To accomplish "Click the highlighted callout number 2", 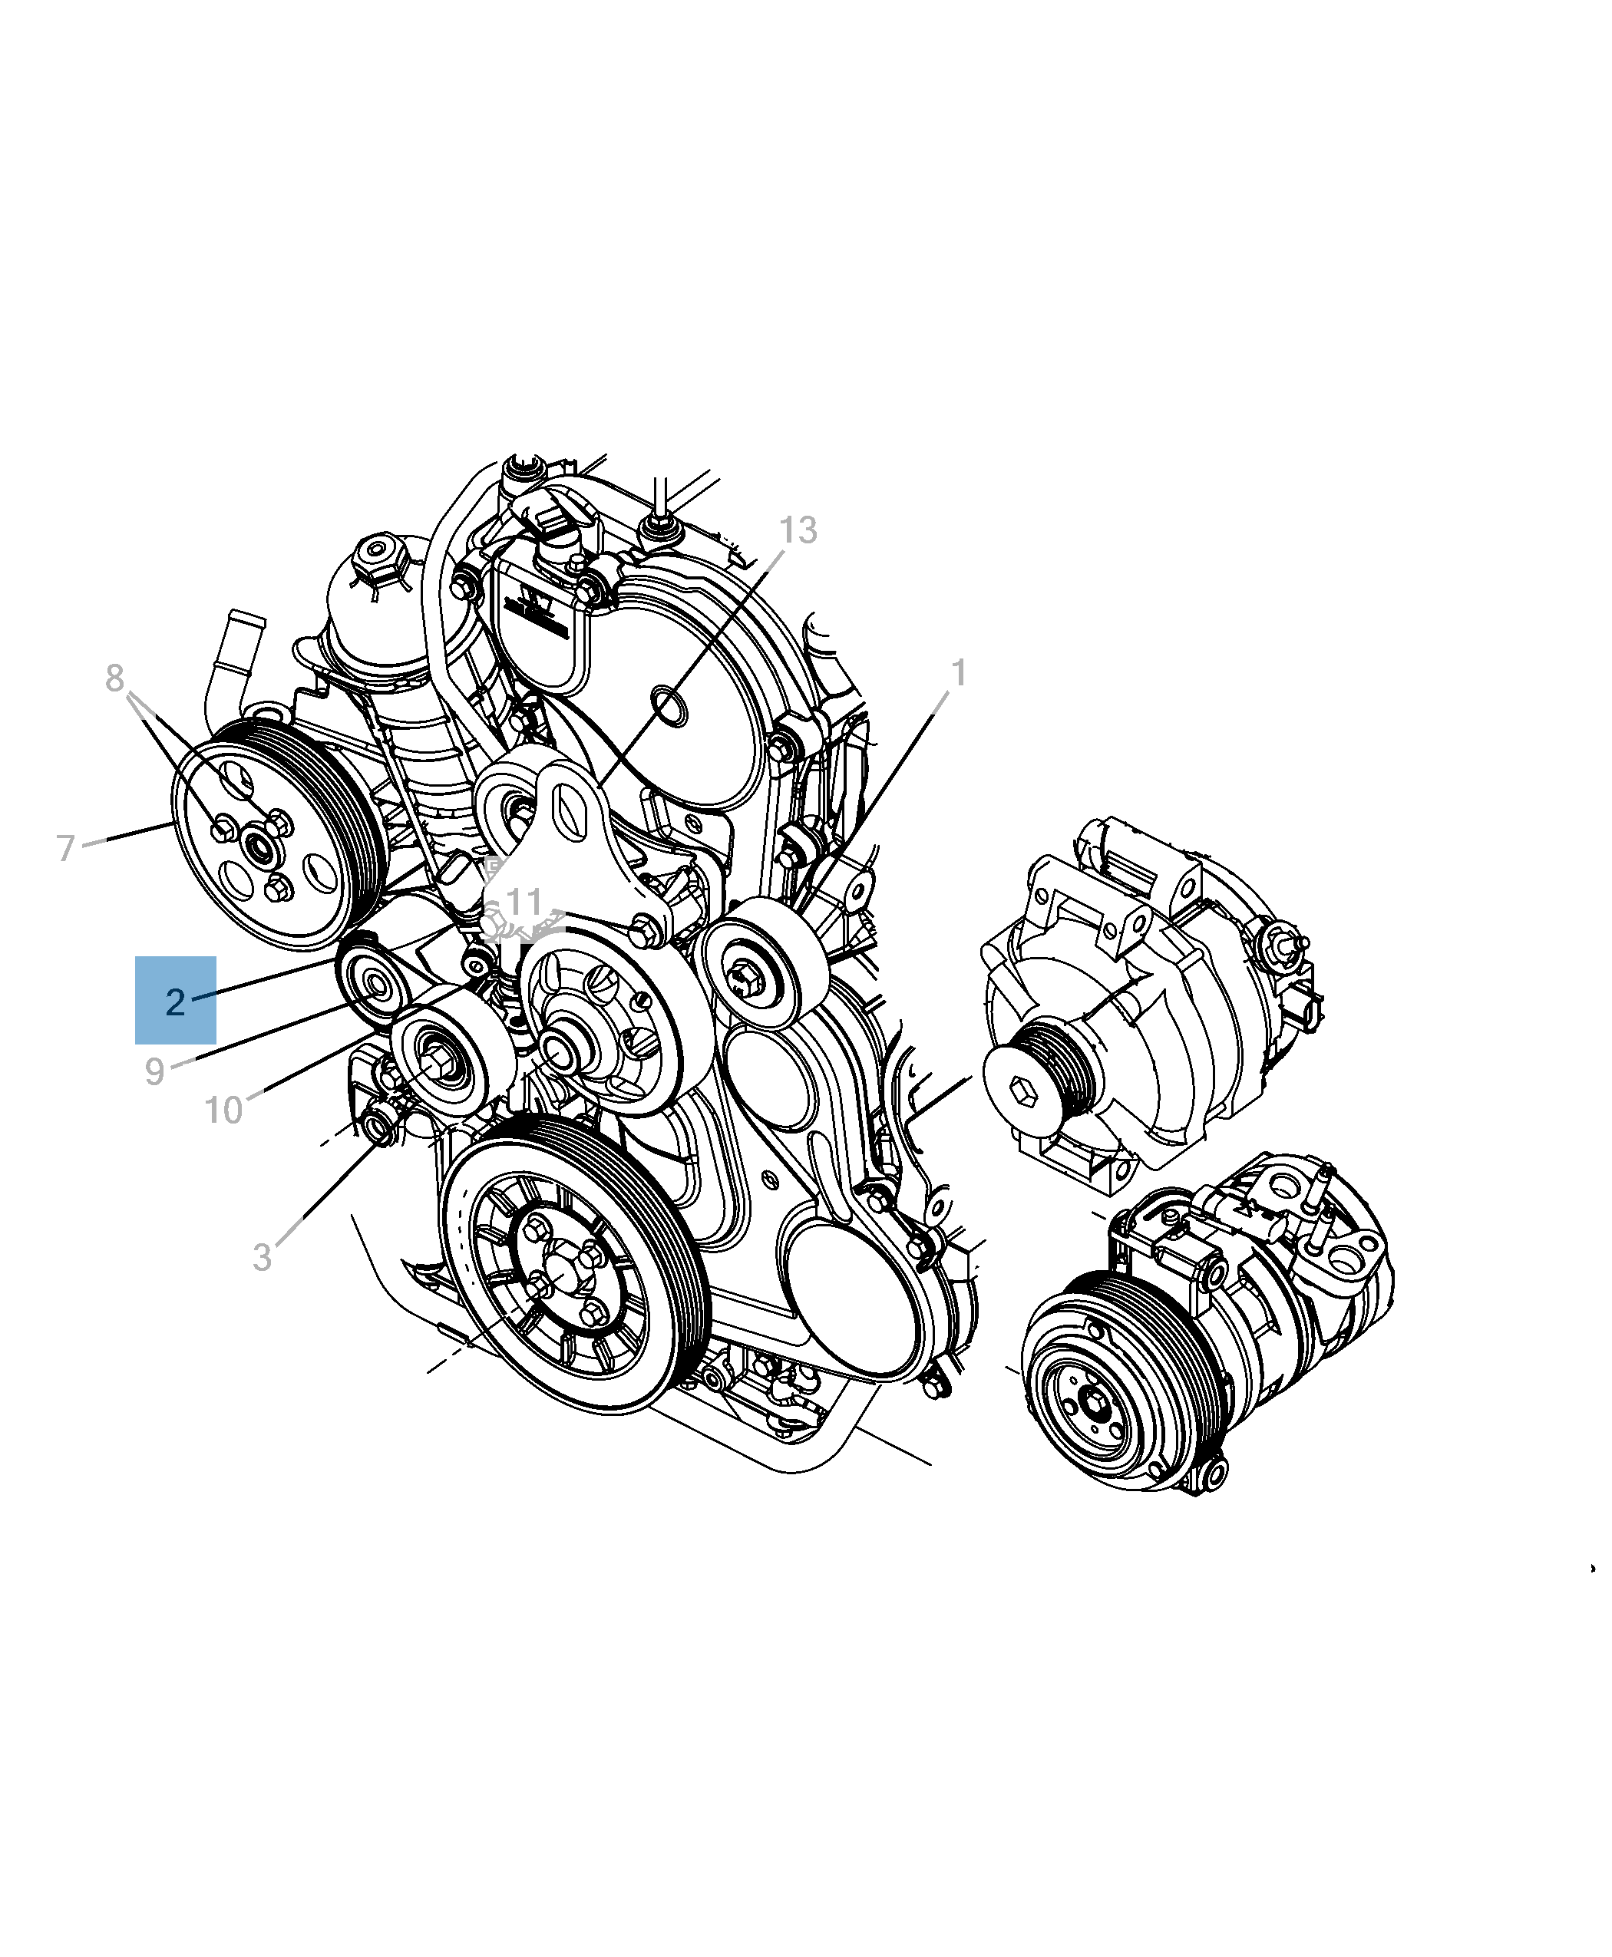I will [176, 1002].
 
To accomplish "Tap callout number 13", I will [798, 530].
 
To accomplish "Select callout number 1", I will [960, 673].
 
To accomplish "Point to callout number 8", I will [114, 678].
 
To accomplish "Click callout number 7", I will [65, 847].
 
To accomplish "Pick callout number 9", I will [154, 1071].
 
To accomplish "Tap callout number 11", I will [524, 902].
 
